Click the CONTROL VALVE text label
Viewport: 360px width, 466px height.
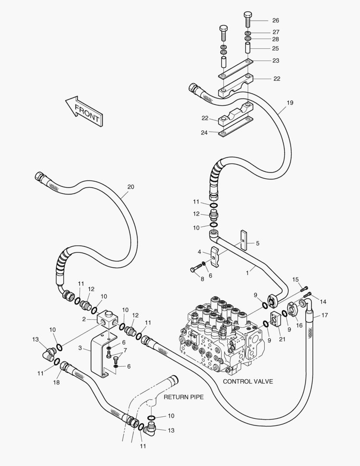(247, 381)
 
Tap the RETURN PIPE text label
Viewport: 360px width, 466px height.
(183, 397)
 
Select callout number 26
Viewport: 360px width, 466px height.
(275, 20)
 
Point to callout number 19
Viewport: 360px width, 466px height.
(290, 103)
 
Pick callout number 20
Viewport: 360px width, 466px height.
(131, 187)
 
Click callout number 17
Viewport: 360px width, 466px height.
(325, 315)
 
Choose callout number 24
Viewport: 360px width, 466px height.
(205, 132)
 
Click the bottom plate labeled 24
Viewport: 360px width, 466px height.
(235, 131)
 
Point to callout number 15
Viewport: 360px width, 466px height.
(295, 279)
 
